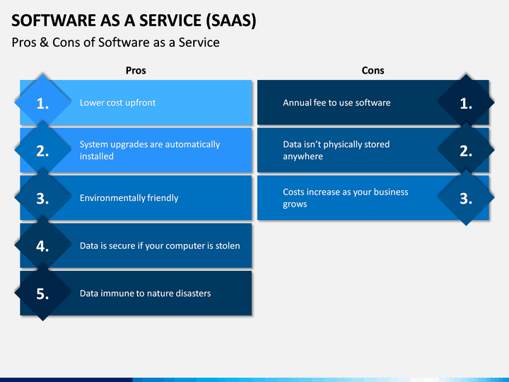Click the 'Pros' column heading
(x=136, y=71)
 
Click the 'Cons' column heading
(x=373, y=71)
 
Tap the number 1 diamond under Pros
(x=42, y=103)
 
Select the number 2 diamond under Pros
(x=42, y=150)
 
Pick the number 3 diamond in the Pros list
(x=42, y=197)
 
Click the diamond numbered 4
(x=42, y=245)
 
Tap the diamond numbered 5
(x=42, y=293)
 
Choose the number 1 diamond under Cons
(x=466, y=103)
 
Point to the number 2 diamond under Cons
(x=466, y=150)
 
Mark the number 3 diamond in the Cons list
(x=466, y=197)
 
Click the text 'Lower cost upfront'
(x=117, y=103)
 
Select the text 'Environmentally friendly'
(x=129, y=198)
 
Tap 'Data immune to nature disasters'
(x=145, y=294)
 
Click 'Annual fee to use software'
(x=337, y=103)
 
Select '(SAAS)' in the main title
(x=231, y=21)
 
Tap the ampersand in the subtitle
(x=44, y=42)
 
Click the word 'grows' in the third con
(x=295, y=204)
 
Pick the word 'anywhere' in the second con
(x=303, y=156)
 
